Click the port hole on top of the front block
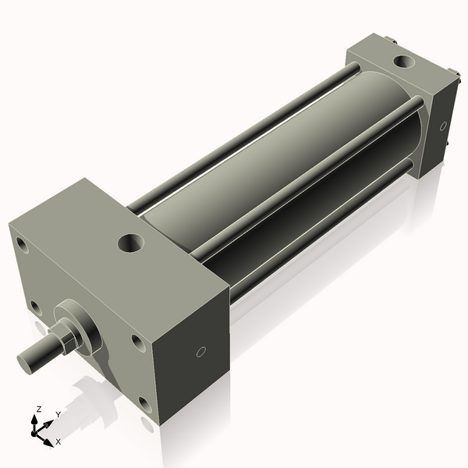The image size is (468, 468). (130, 243)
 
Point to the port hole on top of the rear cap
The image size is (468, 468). (404, 61)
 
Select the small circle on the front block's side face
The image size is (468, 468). (200, 352)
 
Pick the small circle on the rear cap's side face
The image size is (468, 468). (443, 125)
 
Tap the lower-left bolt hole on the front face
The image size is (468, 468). (35, 307)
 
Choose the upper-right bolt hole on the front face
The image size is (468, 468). (136, 342)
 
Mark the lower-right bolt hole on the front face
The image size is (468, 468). (144, 403)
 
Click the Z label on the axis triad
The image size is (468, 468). (40, 409)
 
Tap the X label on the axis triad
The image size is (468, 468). (58, 441)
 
